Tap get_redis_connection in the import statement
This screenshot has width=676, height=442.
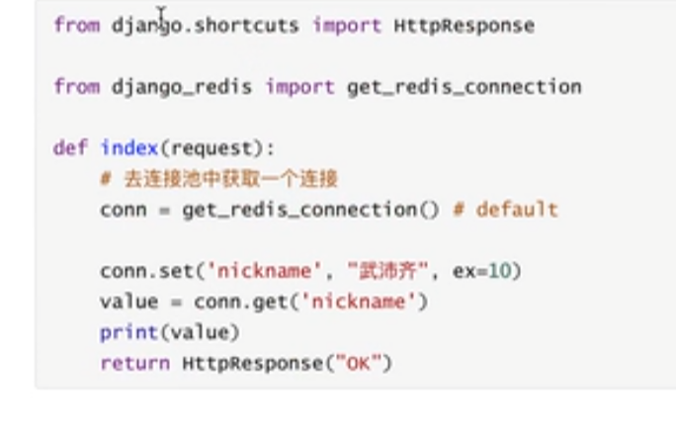coord(464,87)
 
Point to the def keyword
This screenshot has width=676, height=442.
coord(70,148)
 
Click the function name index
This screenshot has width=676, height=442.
coord(129,148)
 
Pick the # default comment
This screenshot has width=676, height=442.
coord(517,210)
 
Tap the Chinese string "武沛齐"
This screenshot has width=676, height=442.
coord(389,271)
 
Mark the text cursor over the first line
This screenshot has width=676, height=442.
coord(161,14)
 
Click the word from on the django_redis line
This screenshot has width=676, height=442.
coord(76,87)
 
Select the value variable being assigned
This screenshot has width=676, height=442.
coord(128,302)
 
